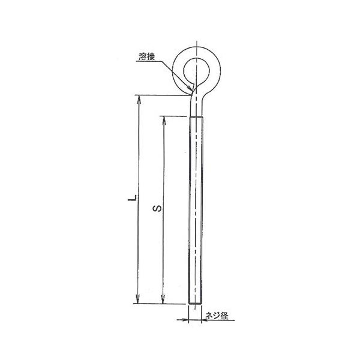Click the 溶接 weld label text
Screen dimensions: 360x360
click(x=147, y=57)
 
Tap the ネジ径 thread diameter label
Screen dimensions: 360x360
click(x=217, y=316)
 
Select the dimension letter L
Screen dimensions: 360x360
click(x=132, y=198)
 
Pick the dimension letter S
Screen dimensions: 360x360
click(x=157, y=208)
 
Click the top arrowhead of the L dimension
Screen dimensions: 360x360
click(x=139, y=100)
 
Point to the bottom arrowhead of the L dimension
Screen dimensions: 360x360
click(x=137, y=299)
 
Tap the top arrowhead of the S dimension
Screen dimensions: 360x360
click(x=164, y=121)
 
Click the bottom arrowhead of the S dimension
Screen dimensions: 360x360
click(x=163, y=299)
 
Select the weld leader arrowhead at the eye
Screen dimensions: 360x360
click(x=190, y=88)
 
